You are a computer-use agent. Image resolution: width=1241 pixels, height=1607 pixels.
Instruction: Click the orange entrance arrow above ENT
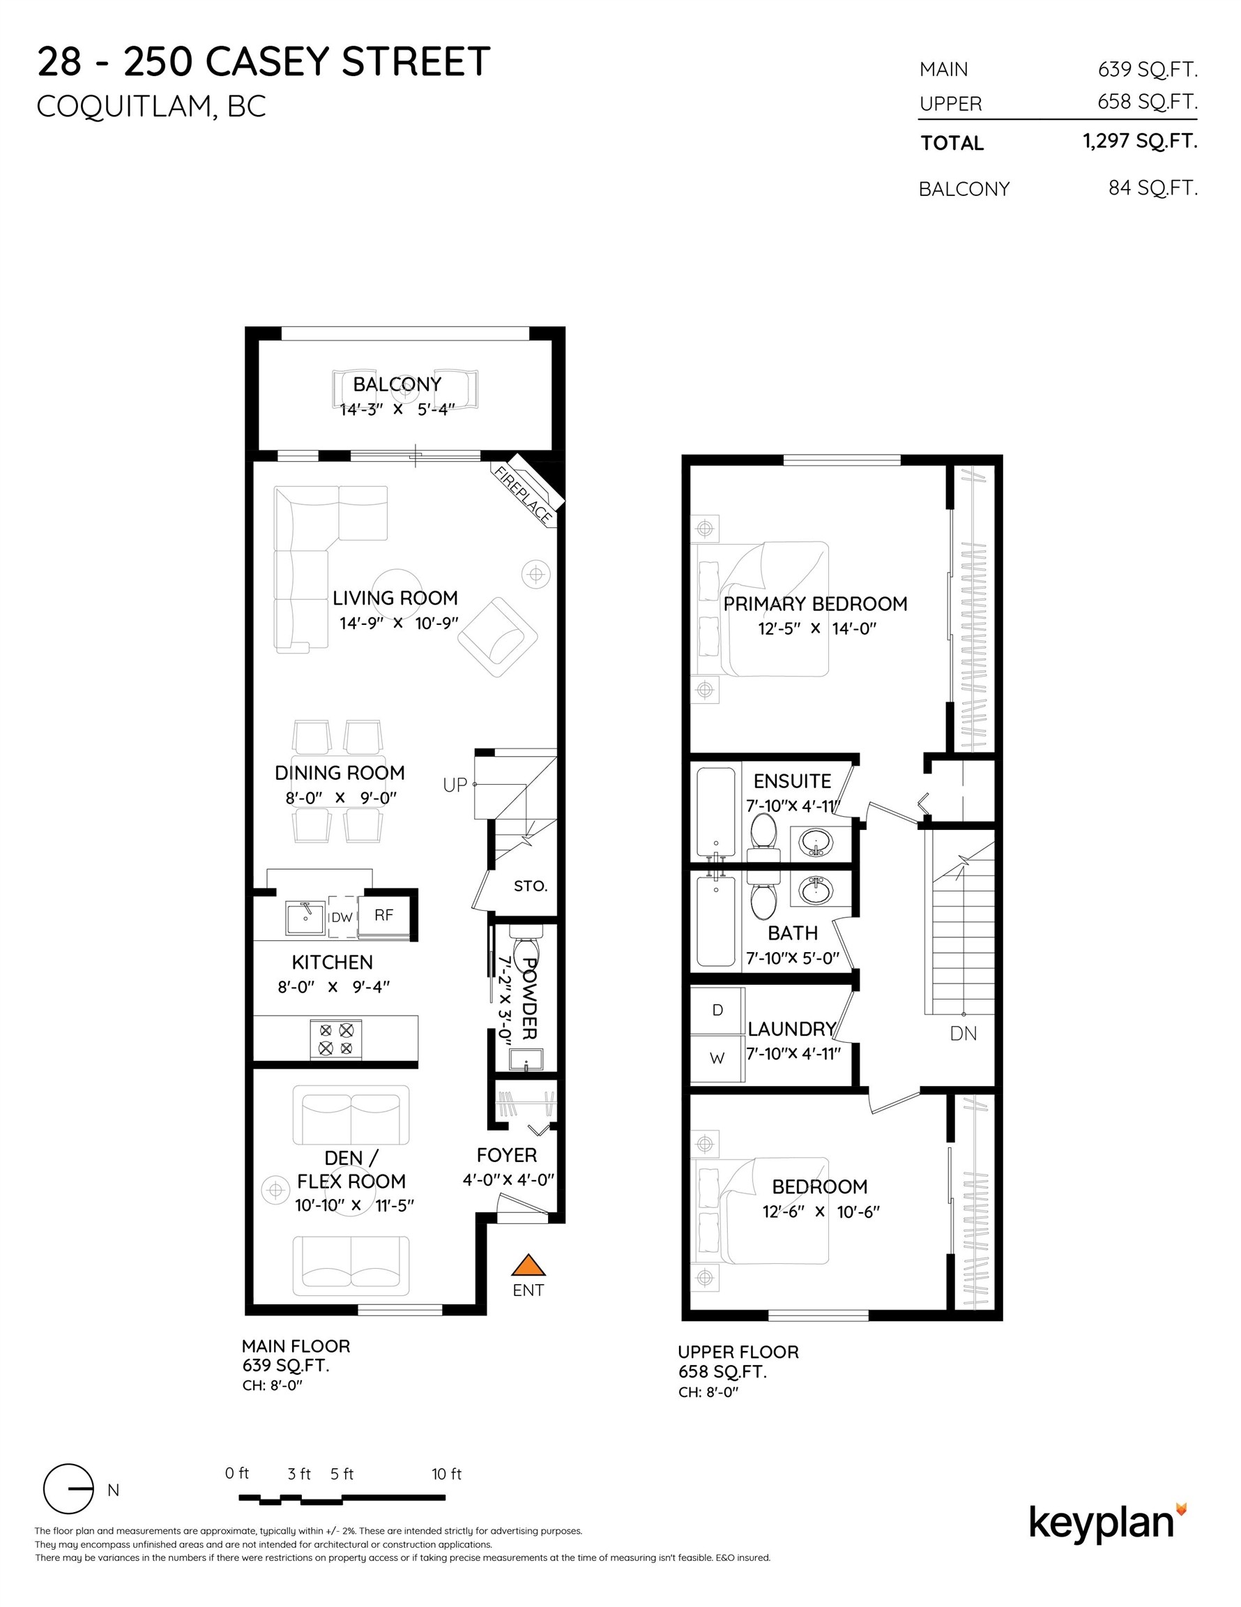coord(528,1265)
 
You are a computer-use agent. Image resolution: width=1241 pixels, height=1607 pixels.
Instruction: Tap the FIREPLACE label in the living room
coord(524,495)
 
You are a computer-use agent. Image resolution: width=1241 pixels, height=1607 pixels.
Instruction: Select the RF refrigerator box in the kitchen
coord(385,914)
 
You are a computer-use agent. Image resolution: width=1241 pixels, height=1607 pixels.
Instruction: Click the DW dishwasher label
coord(342,916)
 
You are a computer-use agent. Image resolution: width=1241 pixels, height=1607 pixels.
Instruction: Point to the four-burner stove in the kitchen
coord(335,1039)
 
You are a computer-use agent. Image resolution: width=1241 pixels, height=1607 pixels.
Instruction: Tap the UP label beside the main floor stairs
coord(455,785)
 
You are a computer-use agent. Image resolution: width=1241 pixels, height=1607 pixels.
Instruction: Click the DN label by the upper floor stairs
coord(963,1033)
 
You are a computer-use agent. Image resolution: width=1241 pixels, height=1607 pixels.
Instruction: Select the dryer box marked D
coord(717,1010)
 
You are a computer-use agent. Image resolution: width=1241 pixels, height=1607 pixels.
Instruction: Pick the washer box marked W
coord(717,1058)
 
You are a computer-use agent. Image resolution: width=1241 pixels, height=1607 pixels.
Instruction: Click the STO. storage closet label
coord(531,886)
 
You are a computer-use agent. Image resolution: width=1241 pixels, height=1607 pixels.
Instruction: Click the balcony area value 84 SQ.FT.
coord(1152,188)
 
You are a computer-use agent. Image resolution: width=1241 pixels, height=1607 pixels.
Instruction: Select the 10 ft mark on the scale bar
coord(446,1474)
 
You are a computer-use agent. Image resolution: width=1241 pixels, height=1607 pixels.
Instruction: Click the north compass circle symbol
coord(68,1488)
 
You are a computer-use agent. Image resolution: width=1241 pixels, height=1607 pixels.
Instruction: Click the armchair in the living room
coord(497,637)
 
